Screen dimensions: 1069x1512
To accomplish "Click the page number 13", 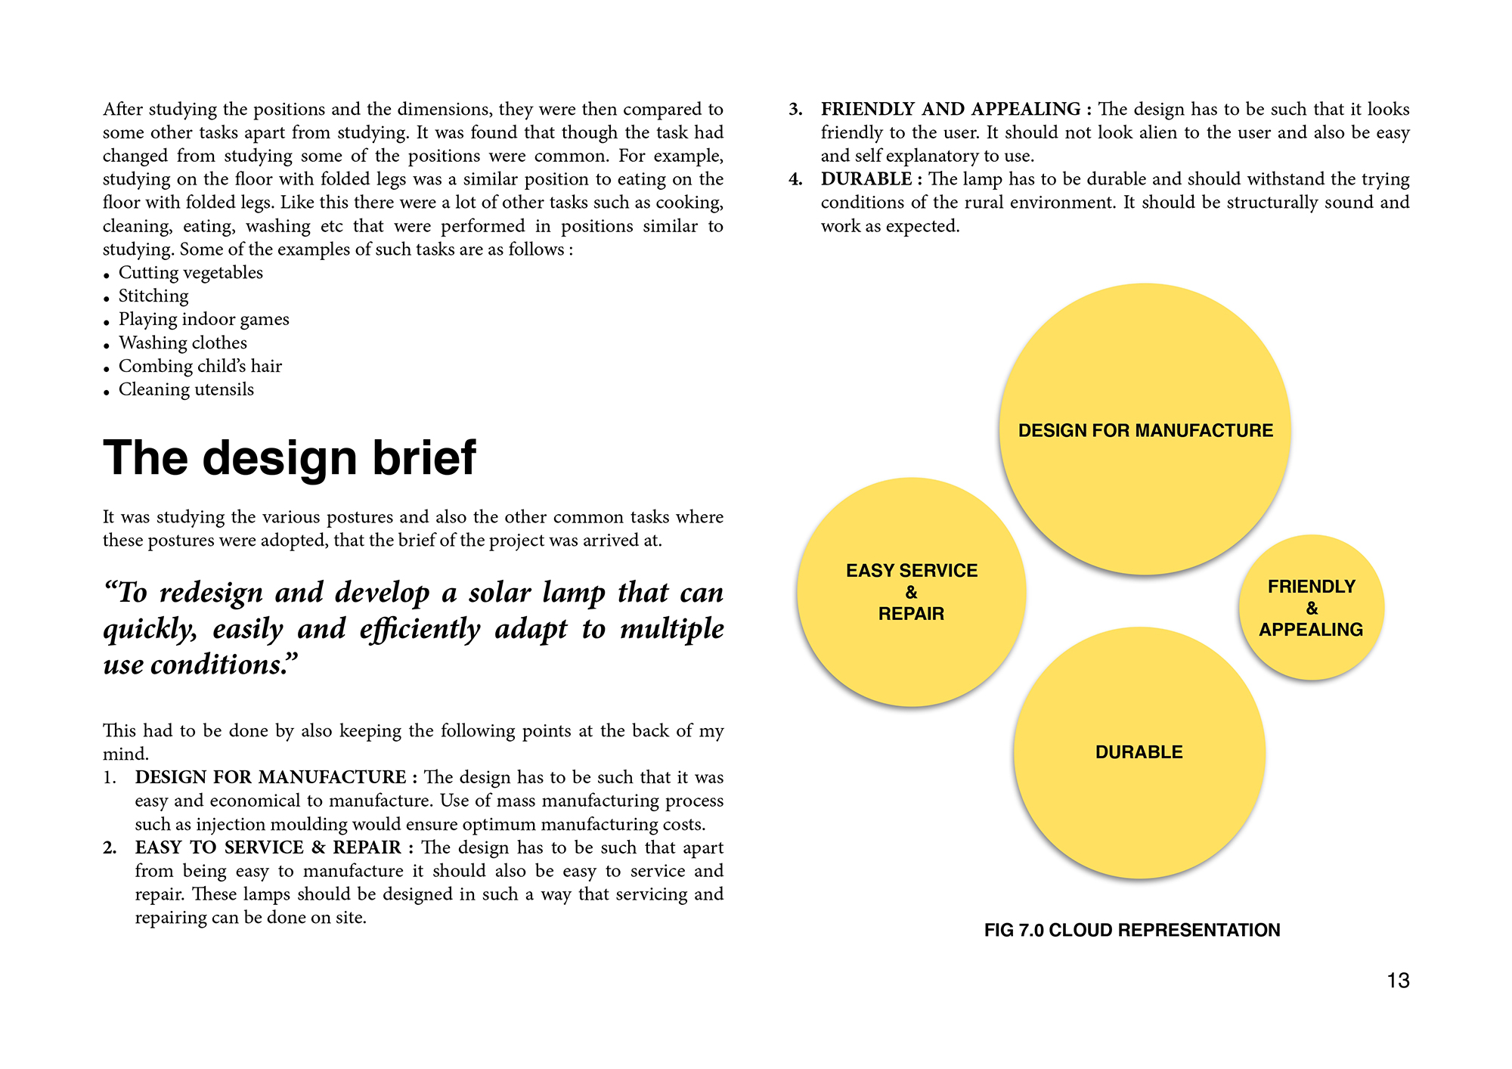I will [1398, 981].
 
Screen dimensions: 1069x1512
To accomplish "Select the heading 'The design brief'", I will [290, 458].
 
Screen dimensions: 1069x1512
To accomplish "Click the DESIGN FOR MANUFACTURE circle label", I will [1145, 431].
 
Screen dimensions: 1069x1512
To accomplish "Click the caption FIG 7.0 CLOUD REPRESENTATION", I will [1132, 931].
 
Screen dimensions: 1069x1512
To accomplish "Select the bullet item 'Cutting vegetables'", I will [191, 273].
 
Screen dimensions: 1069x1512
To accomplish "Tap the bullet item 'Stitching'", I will [153, 296].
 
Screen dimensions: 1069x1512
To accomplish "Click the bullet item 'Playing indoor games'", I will [203, 320].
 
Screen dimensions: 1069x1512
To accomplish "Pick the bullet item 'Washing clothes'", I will [182, 343].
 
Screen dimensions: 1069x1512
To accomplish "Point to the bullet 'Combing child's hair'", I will [200, 367].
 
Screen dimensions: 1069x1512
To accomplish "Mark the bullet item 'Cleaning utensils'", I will [186, 390].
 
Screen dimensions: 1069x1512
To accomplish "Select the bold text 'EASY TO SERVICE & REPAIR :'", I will [274, 847].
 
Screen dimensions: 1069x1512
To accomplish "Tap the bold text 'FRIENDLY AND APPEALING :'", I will [956, 110].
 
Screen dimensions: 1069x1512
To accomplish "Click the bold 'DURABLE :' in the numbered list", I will [871, 179].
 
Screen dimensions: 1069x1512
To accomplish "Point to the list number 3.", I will [795, 110].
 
